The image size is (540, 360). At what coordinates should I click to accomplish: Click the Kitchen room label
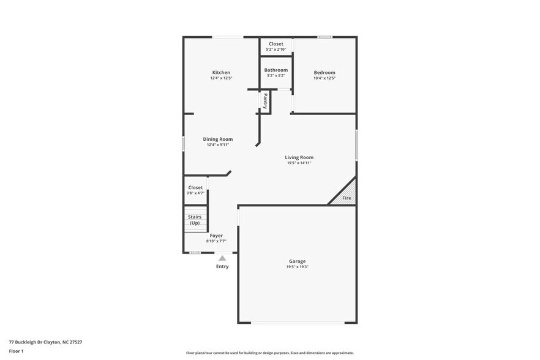(x=221, y=72)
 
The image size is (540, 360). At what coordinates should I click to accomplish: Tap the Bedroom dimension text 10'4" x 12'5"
(x=324, y=78)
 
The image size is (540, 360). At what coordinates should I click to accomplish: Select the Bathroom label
(x=276, y=70)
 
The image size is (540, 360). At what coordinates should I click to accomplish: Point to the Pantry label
(x=265, y=100)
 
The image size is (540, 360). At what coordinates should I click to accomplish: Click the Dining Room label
(x=217, y=139)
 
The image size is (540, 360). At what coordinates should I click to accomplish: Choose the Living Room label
(x=299, y=157)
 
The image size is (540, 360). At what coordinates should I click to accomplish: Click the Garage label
(x=297, y=261)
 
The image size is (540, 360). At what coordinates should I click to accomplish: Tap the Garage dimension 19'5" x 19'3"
(x=297, y=267)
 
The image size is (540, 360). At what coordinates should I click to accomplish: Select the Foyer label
(x=216, y=235)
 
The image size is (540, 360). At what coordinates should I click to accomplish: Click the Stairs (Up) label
(x=195, y=220)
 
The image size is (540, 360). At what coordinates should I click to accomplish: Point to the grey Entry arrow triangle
(x=222, y=258)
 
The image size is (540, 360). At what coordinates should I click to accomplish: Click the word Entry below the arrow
(x=222, y=266)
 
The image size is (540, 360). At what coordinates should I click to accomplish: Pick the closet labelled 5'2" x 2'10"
(x=276, y=47)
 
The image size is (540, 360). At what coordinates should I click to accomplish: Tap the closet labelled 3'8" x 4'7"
(x=195, y=190)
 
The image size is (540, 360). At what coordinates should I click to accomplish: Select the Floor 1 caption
(x=17, y=351)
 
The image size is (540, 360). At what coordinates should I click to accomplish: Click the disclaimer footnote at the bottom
(x=269, y=353)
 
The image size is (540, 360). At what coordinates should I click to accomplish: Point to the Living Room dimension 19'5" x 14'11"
(x=299, y=163)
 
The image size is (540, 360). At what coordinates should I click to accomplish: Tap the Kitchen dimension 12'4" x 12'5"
(x=221, y=78)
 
